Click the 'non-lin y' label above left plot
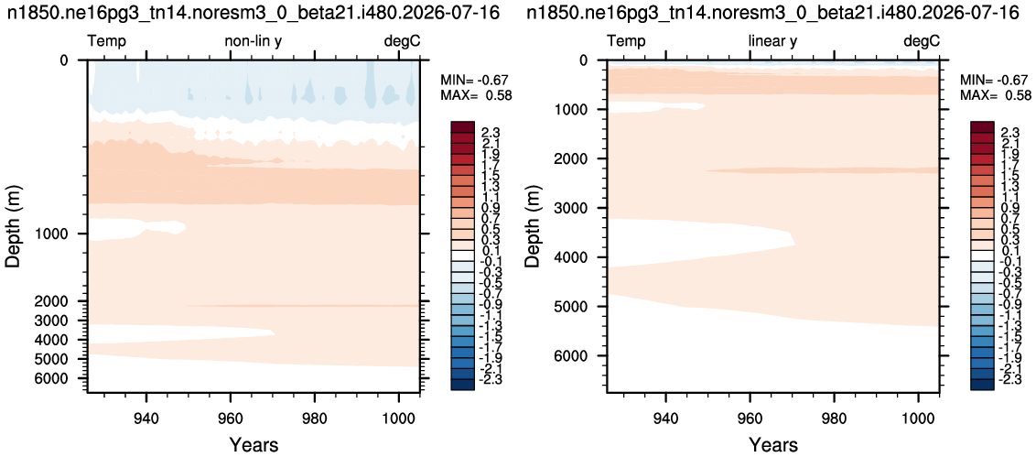(254, 41)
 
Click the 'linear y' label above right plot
(772, 41)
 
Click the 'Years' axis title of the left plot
(254, 444)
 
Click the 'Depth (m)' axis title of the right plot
(533, 226)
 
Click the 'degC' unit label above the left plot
(403, 41)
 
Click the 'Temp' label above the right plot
(626, 41)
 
